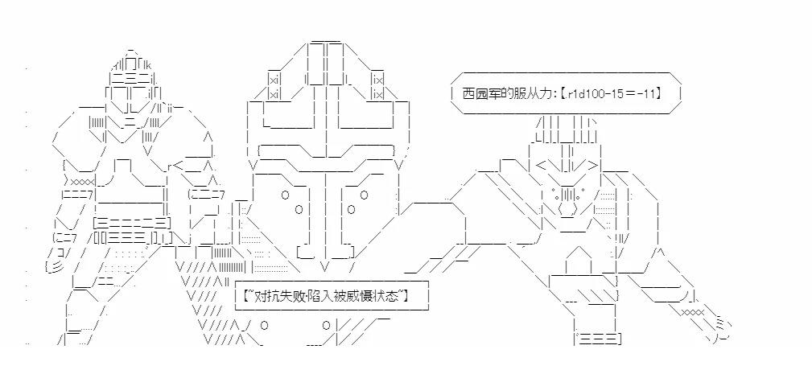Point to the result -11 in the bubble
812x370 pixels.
(x=646, y=93)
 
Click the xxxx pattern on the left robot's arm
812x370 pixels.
(x=82, y=182)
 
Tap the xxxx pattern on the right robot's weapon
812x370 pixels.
(x=692, y=311)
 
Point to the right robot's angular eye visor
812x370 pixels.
(x=567, y=166)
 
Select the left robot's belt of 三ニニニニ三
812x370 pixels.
(x=132, y=223)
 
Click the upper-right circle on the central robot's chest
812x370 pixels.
(x=364, y=195)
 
